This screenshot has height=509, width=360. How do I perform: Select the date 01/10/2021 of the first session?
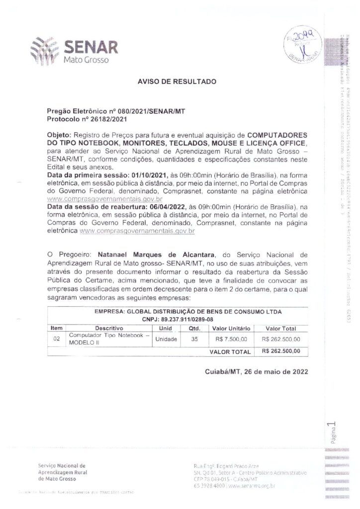pyautogui.click(x=138, y=175)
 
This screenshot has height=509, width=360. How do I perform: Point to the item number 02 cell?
pyautogui.click(x=57, y=339)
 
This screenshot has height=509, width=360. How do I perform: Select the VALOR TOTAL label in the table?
pyautogui.click(x=230, y=351)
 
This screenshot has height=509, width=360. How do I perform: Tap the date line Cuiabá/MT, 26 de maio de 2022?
pyautogui.click(x=256, y=371)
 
